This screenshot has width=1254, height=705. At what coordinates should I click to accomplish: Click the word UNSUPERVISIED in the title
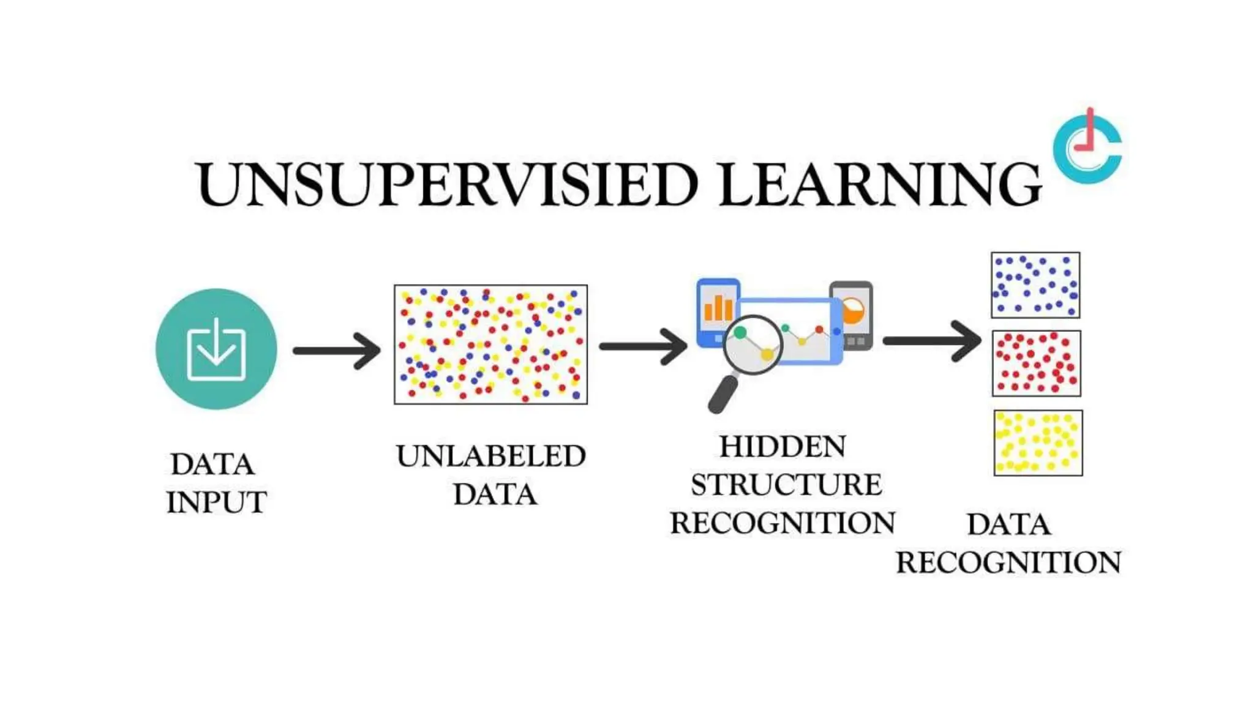(x=447, y=184)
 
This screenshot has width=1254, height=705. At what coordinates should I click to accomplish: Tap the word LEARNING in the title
(x=879, y=184)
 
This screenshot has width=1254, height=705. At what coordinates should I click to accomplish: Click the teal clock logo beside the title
(x=1087, y=147)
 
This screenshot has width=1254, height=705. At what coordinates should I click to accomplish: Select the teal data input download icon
(x=216, y=349)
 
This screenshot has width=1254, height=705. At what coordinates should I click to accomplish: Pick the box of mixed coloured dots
(x=490, y=345)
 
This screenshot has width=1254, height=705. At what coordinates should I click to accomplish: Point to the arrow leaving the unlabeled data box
(x=643, y=346)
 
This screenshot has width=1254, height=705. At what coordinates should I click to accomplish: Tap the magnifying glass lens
(x=753, y=345)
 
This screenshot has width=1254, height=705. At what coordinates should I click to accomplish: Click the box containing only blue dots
(x=1035, y=285)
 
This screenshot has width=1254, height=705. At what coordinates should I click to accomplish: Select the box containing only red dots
(x=1036, y=364)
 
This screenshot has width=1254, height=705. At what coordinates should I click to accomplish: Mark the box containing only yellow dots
(x=1038, y=443)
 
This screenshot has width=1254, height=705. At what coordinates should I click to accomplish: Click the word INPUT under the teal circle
(x=216, y=502)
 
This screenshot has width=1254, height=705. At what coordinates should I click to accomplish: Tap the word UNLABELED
(x=490, y=456)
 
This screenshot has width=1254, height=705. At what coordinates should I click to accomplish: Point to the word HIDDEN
(x=783, y=447)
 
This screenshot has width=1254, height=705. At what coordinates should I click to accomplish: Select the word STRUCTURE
(x=786, y=485)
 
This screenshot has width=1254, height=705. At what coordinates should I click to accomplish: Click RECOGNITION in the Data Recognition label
(x=1008, y=562)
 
